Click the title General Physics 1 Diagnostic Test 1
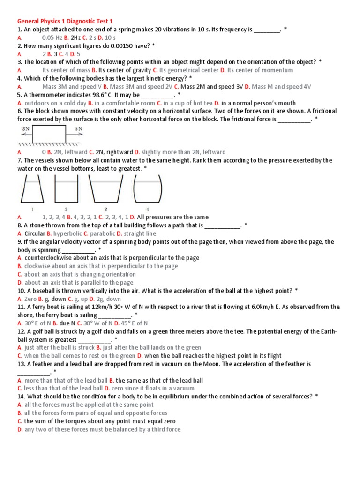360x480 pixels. coord(65,21)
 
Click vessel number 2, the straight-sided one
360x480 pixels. coord(66,190)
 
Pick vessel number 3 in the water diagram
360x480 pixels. coord(106,190)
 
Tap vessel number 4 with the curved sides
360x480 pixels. coord(147,190)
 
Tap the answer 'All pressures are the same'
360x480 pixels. coord(172,217)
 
